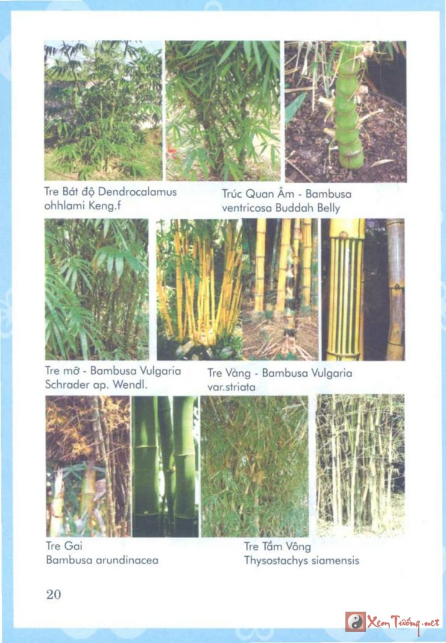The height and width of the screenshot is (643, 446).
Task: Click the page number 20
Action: point(54,594)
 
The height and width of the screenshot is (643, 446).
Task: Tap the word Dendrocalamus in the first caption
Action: point(137,192)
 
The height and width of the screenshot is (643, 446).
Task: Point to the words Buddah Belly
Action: point(308,208)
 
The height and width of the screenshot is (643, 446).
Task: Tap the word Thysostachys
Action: point(275,560)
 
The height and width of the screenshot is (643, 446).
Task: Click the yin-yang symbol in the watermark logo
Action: point(355,622)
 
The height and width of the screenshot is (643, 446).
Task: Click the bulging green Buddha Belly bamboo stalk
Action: point(348,107)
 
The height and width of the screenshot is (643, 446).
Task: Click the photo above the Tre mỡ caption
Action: point(97,289)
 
